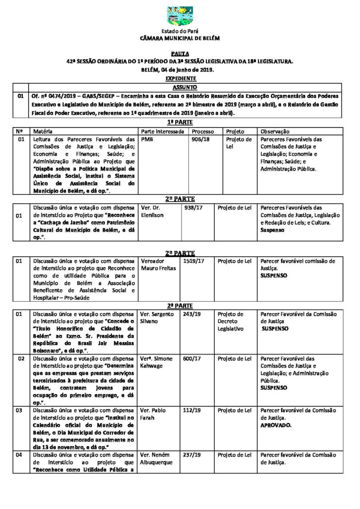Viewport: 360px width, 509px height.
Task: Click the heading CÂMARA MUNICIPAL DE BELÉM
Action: pyautogui.click(x=180, y=38)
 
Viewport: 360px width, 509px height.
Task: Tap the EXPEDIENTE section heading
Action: pyautogui.click(x=180, y=79)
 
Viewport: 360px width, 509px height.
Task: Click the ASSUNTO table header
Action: pyautogui.click(x=180, y=85)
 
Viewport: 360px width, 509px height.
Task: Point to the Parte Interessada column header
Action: pyautogui.click(x=163, y=131)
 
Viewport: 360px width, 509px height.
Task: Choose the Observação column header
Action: pyautogui.click(x=275, y=131)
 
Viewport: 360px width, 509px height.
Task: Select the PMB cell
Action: pyautogui.click(x=148, y=140)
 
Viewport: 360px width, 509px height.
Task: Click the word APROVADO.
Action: pyautogui.click(x=276, y=425)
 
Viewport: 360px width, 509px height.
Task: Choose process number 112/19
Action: pyautogui.click(x=191, y=411)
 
